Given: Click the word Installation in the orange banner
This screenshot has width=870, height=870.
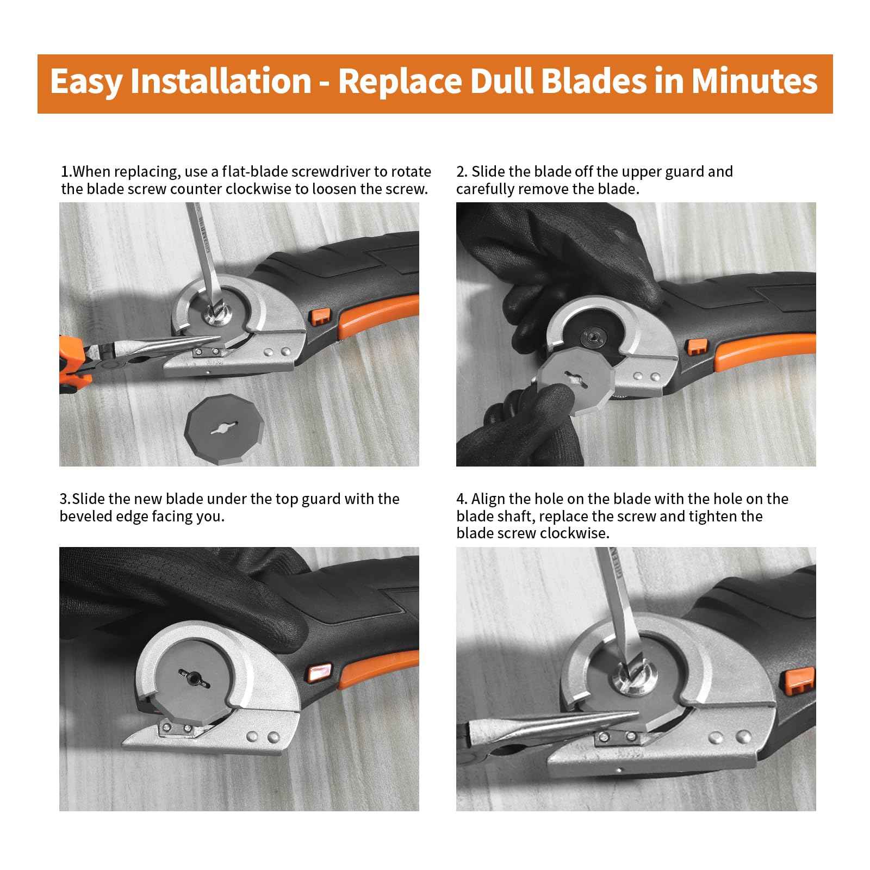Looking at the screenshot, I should [220, 82].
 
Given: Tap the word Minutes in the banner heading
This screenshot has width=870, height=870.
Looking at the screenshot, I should [754, 82].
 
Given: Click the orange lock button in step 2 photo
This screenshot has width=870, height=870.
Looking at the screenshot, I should [696, 347].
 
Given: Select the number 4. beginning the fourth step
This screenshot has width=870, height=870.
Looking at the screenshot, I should [462, 499].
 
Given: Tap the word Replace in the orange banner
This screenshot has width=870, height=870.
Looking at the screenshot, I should [400, 82].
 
